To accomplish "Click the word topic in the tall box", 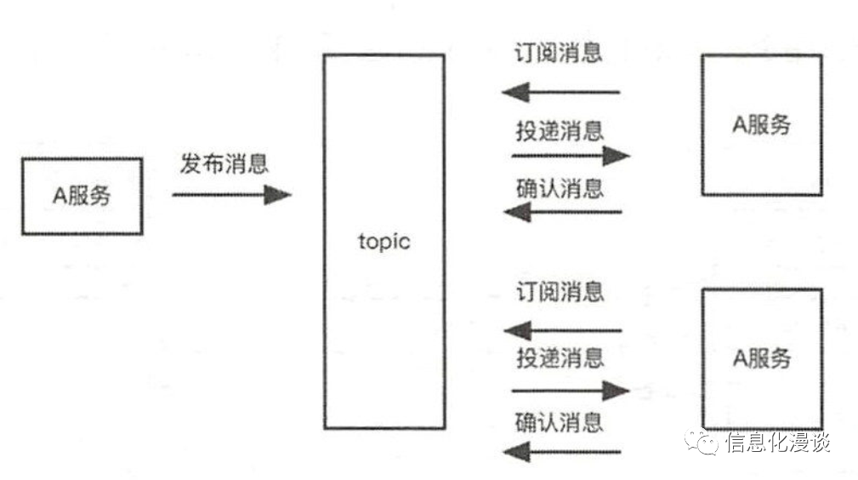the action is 384,241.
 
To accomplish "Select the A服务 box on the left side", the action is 82,196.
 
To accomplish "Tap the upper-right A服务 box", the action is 761,124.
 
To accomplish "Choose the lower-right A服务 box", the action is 761,357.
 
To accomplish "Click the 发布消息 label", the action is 224,163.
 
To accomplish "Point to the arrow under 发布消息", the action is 231,195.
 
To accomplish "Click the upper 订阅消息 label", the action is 559,53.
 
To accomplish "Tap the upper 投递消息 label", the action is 559,131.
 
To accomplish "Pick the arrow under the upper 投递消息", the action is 571,156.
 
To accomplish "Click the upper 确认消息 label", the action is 559,188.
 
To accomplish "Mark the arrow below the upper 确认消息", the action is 562,211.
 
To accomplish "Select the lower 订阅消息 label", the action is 559,293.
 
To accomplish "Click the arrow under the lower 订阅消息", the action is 562,330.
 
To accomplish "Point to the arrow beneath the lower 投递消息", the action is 571,391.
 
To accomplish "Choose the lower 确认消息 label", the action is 559,421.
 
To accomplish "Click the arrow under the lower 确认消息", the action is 562,451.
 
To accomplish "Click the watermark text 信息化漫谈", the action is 777,443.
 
